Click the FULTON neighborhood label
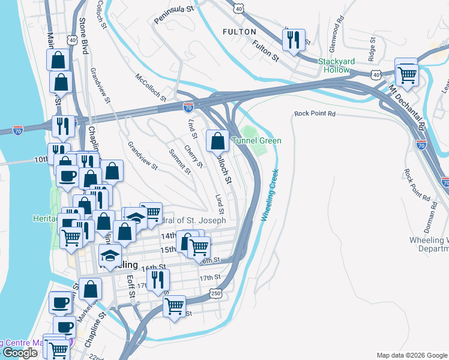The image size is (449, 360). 239,31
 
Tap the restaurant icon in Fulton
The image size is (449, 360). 294,40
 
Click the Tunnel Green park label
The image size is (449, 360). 261,141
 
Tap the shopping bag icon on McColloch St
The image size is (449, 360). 217,141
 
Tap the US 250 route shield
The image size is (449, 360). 217,292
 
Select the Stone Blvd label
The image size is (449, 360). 83,36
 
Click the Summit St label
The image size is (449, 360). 179,161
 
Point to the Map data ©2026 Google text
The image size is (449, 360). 411,355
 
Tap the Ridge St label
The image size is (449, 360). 372,50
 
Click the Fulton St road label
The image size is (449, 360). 267,51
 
